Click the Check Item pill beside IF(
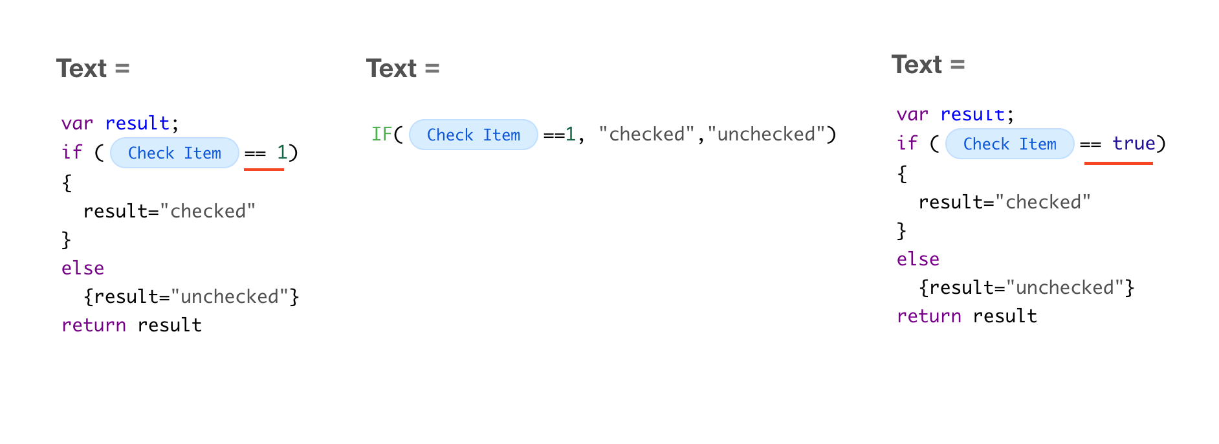474,135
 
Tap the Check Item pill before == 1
175,153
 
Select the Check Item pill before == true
1010,144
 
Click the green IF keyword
382,134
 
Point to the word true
1134,143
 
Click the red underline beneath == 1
264,170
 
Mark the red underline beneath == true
1119,163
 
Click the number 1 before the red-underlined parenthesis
282,152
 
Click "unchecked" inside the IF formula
766,134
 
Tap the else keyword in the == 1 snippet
83,268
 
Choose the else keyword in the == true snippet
918,259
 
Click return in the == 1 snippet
94,325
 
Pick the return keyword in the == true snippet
929,316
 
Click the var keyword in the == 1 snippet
77,123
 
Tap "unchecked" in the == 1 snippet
230,296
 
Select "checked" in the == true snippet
1043,202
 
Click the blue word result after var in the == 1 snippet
137,123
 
